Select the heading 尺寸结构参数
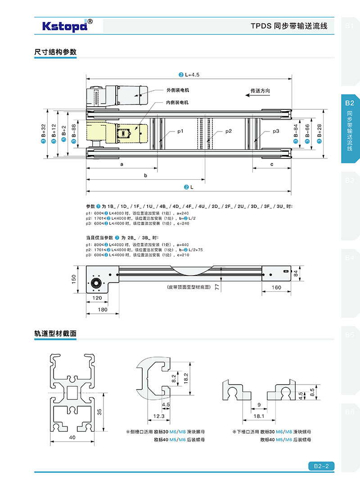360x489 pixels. pos(55,52)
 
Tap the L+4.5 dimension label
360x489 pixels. pos(189,75)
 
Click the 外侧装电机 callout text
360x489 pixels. pos(177,90)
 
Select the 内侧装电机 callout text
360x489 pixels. pos(177,103)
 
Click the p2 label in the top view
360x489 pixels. pos(229,131)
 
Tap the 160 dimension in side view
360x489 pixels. pos(277,287)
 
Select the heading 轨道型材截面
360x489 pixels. pos(55,334)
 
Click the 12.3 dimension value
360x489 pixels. pos(158,417)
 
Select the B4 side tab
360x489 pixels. pos(350,258)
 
